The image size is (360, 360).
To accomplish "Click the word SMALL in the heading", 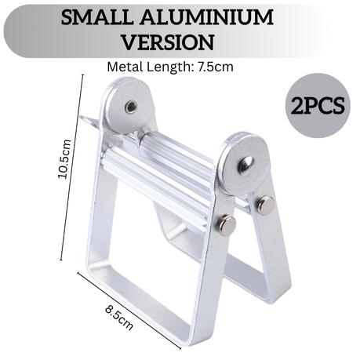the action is click(96, 17).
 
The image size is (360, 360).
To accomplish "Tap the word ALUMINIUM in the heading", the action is click(207, 17).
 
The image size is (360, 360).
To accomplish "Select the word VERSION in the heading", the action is click(169, 42).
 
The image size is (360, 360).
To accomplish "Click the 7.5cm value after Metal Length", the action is click(216, 67).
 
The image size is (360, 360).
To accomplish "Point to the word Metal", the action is click(125, 67).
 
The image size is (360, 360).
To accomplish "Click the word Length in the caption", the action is click(169, 67).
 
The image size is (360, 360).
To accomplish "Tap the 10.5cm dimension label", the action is click(64, 159).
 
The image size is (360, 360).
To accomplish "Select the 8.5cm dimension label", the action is click(119, 317).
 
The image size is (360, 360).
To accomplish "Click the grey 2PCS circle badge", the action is click(318, 105).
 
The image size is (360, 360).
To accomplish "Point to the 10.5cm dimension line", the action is click(72, 167).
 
